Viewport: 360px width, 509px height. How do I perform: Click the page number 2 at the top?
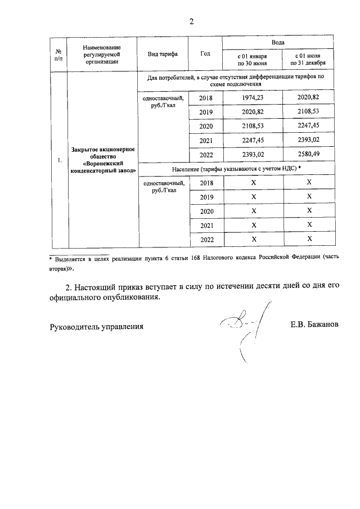coord(191,22)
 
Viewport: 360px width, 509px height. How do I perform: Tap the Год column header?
coord(205,54)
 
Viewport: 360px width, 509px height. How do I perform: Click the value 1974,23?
coord(252,98)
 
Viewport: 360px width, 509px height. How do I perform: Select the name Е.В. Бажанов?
coord(314,326)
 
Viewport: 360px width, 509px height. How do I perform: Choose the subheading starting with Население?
coord(236,169)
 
